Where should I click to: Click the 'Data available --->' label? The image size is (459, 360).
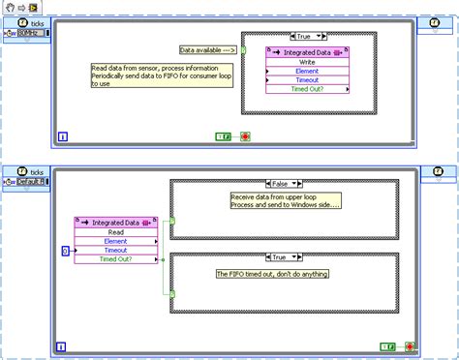(208, 49)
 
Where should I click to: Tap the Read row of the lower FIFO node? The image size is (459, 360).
(114, 231)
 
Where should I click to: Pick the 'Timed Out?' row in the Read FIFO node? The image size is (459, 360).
(114, 259)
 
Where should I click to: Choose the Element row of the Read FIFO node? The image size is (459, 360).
(114, 241)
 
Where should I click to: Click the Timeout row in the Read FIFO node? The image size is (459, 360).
(114, 250)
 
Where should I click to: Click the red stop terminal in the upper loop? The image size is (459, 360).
(245, 137)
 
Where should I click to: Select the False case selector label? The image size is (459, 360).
(283, 184)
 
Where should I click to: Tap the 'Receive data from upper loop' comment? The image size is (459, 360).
(286, 200)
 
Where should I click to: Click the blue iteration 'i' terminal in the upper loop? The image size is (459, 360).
(63, 137)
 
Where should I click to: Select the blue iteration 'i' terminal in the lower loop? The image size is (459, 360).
(63, 344)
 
